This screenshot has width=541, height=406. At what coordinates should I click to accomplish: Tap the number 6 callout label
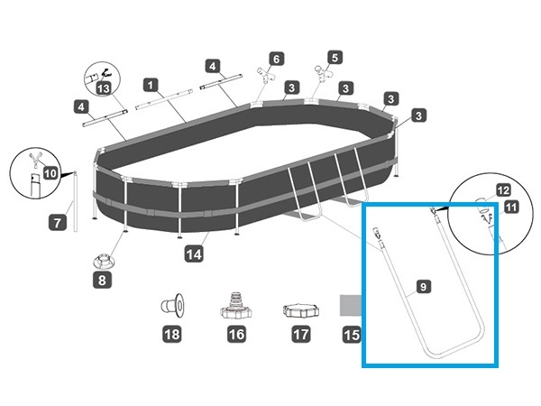277,59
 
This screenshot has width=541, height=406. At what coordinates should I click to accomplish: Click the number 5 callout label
335,58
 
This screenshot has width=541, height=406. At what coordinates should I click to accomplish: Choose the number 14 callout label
193,255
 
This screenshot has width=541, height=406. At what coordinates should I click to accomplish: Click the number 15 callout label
353,335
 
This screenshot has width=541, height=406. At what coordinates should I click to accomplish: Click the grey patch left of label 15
353,304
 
